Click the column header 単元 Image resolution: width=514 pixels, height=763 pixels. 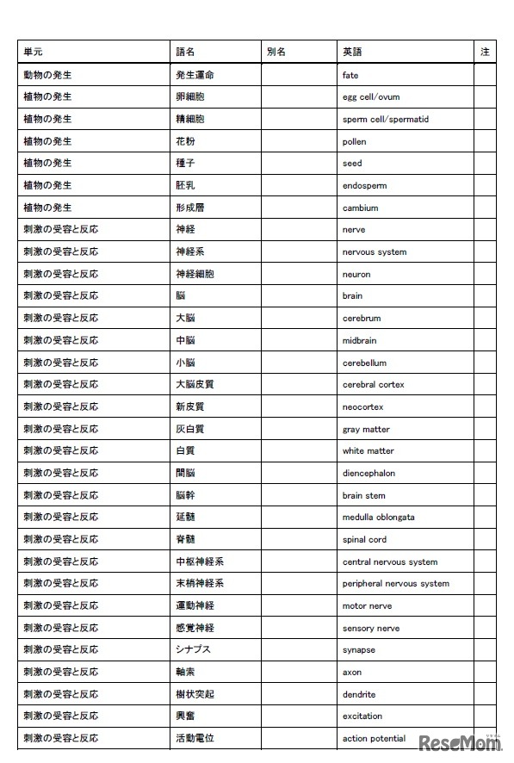pos(33,52)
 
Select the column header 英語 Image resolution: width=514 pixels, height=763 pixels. pos(351,52)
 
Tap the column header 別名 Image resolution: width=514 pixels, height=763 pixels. pos(276,52)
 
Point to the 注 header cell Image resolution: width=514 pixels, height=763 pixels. pos(485,52)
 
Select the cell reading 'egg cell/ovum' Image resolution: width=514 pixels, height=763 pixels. pos(371,97)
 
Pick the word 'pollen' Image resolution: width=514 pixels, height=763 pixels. pos(354,141)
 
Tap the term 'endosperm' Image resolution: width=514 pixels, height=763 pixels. pos(364,185)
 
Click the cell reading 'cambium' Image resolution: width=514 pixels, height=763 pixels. pos(360,208)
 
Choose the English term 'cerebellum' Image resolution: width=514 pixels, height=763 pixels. pos(364,363)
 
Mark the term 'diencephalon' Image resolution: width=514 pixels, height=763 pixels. pos(368,473)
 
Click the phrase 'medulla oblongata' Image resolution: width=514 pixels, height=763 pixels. pos(378,518)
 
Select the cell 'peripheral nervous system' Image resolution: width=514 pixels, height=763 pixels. pos(395,583)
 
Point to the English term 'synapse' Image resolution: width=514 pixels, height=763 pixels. pos(358,650)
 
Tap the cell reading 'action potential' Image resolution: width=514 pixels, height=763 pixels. pos(374,738)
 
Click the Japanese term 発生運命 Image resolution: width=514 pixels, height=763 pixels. pos(195,75)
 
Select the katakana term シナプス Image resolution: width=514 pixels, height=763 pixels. pos(193,649)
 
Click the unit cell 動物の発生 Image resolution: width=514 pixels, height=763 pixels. pos(47,75)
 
